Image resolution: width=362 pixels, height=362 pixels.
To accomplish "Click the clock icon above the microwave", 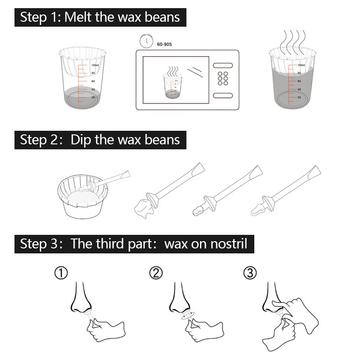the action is [146, 41].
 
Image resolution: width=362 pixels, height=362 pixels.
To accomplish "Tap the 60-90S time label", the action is [164, 44].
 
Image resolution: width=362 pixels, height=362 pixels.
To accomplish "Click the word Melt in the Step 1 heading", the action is [77, 17].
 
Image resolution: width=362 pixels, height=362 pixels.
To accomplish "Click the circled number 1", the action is [61, 273].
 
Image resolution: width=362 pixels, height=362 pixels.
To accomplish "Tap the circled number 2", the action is [156, 273].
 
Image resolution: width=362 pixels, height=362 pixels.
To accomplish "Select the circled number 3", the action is [250, 273].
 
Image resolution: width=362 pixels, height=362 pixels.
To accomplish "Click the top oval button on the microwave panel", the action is [223, 66].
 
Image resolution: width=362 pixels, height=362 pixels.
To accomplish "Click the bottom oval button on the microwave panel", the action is [223, 95].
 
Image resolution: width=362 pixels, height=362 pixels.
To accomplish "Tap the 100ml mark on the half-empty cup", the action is [95, 65].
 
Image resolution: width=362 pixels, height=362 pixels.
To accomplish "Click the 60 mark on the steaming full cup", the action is [299, 81].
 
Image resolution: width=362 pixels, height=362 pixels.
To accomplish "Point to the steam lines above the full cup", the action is [293, 42].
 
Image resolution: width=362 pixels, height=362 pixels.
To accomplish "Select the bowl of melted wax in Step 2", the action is [82, 197].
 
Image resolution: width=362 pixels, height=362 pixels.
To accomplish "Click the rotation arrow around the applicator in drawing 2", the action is [188, 315].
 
